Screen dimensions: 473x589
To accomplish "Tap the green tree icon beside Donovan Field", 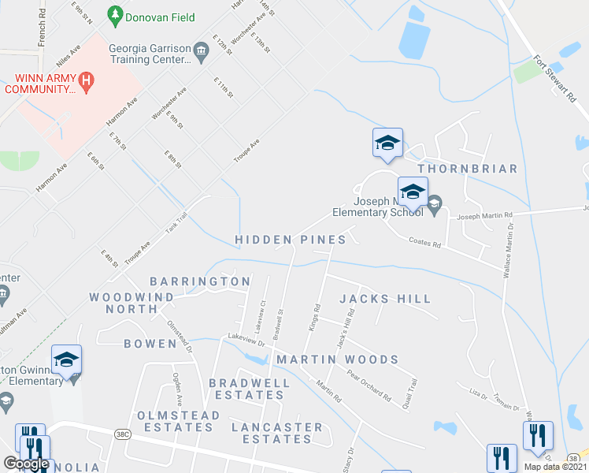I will coord(116,15).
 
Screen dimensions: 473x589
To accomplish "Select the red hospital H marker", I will coord(87,80).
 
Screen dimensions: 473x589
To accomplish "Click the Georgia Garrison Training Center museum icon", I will coord(201,53).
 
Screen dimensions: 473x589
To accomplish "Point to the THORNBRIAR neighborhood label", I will coord(468,169).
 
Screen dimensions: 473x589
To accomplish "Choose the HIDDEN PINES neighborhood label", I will coord(291,239).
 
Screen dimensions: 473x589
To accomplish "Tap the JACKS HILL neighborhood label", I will coord(385,299).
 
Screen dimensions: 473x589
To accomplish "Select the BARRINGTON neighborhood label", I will coord(200,281).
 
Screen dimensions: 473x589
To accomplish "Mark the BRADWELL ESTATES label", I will coord(250,389).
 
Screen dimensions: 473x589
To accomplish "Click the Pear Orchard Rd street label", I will coord(369,385).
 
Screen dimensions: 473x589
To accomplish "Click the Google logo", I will coord(26,464).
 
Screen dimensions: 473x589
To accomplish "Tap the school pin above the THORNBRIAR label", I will coord(387,144).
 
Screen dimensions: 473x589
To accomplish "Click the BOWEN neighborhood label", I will coord(150,344).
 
